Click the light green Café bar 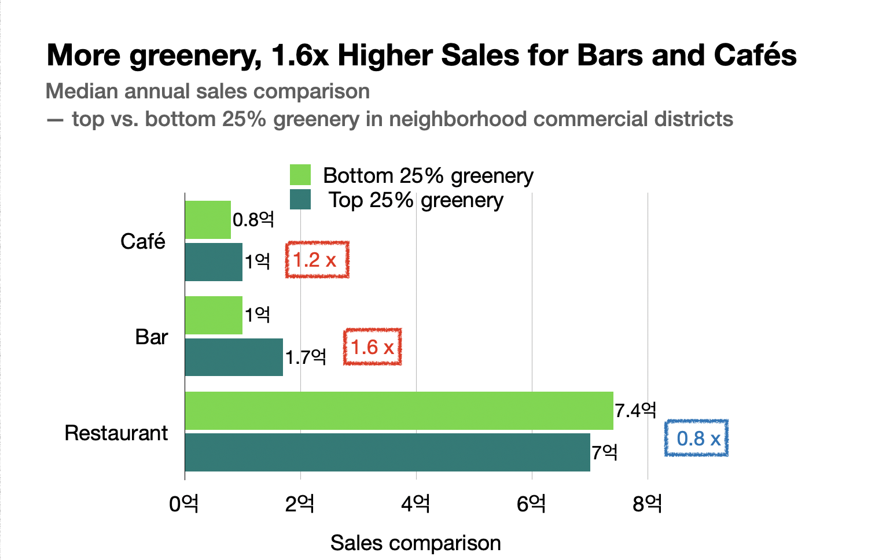pyautogui.click(x=208, y=220)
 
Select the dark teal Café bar pyautogui.click(x=214, y=262)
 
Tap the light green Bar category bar pyautogui.click(x=214, y=315)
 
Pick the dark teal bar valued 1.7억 pyautogui.click(x=234, y=358)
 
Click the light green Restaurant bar pyautogui.click(x=399, y=411)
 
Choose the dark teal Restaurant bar pyautogui.click(x=387, y=452)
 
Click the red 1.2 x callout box pyautogui.click(x=317, y=260)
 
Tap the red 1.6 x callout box pyautogui.click(x=373, y=347)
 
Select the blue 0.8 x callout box pyautogui.click(x=697, y=439)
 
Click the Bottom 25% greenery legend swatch pyautogui.click(x=300, y=175)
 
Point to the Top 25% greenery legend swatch pyautogui.click(x=300, y=200)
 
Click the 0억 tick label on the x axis pyautogui.click(x=184, y=504)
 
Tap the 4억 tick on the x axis pyautogui.click(x=416, y=504)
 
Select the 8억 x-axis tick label pyautogui.click(x=647, y=504)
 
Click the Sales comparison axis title pyautogui.click(x=416, y=543)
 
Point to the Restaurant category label pyautogui.click(x=116, y=433)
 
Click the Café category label pyautogui.click(x=142, y=241)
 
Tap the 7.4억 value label pyautogui.click(x=635, y=411)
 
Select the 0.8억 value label pyautogui.click(x=253, y=220)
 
